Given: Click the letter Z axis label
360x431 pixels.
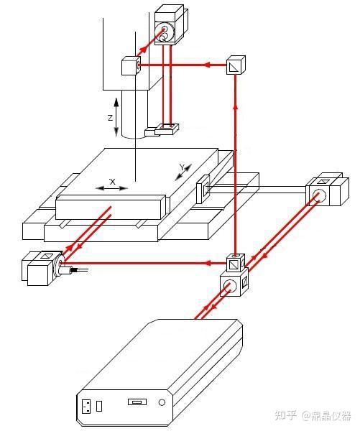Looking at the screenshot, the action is tap(110, 118).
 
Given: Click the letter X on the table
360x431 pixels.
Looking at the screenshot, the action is tap(112, 182).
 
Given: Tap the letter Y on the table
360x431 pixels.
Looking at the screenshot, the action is tap(183, 167).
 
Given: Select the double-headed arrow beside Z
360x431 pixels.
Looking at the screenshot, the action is tap(116, 117).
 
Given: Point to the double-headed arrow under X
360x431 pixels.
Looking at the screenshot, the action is tap(111, 188).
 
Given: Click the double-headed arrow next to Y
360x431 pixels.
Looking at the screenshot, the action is tap(183, 172).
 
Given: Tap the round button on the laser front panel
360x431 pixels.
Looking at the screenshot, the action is tap(162, 403).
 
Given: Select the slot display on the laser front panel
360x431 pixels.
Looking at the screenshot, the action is tap(137, 402).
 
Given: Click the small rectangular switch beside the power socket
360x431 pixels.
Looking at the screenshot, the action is tap(99, 406).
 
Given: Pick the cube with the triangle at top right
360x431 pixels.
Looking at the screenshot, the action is tap(236, 65).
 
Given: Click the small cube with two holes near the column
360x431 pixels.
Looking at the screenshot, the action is tap(131, 65).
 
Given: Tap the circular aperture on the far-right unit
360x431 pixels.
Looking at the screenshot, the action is tap(319, 195).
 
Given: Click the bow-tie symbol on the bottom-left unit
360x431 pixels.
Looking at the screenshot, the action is tap(45, 256).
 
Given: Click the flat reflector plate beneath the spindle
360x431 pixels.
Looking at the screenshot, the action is tap(167, 129).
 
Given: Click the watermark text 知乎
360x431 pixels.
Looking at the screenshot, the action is tap(286, 415).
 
